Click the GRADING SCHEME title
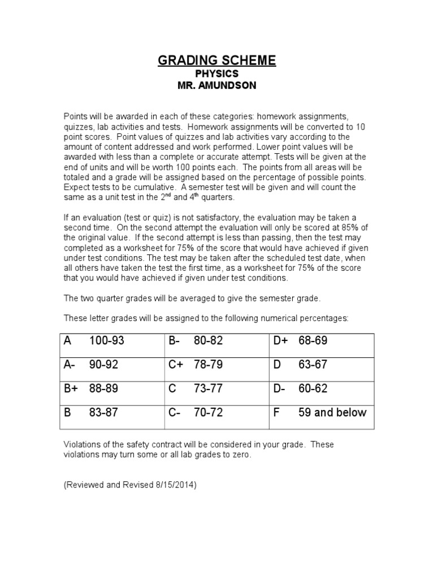pyautogui.click(x=217, y=61)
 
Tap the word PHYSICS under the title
pyautogui.click(x=217, y=74)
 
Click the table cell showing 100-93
pyautogui.click(x=107, y=341)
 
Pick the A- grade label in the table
pyautogui.click(x=70, y=365)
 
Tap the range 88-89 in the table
pyautogui.click(x=104, y=389)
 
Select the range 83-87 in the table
pyautogui.click(x=104, y=413)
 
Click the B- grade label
pyautogui.click(x=174, y=341)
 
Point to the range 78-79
pyautogui.click(x=208, y=365)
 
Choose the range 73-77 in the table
pyautogui.click(x=208, y=389)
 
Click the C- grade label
pyautogui.click(x=174, y=413)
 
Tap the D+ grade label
pyautogui.click(x=280, y=341)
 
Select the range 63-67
pyautogui.click(x=313, y=365)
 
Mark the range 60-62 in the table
pyautogui.click(x=313, y=389)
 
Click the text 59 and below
pyautogui.click(x=332, y=413)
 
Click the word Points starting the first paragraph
pyautogui.click(x=75, y=116)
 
